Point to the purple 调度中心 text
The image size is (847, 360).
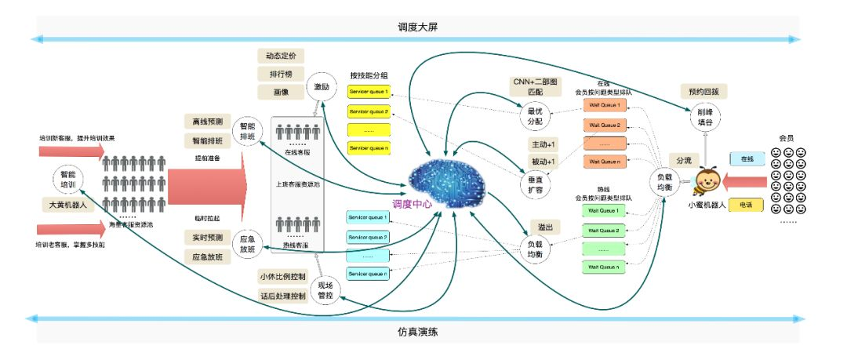(412, 202)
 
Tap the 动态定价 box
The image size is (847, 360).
(281, 56)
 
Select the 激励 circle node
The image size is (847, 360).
(322, 86)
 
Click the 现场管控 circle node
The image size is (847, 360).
(325, 291)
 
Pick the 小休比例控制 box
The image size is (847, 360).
(282, 277)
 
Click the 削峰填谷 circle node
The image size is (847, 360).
(703, 118)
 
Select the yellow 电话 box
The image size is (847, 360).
(747, 205)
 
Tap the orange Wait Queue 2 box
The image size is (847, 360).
(605, 125)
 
